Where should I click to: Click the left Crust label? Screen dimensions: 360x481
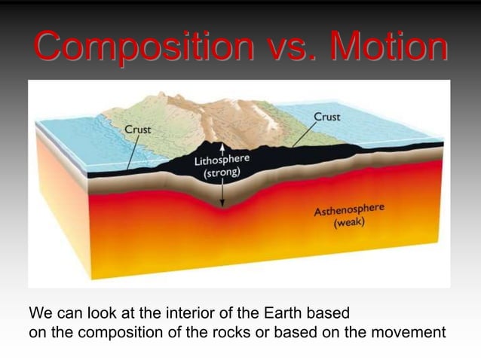(137, 130)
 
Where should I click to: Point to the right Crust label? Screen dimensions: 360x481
(326, 117)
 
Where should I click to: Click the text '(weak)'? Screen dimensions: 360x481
(350, 224)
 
